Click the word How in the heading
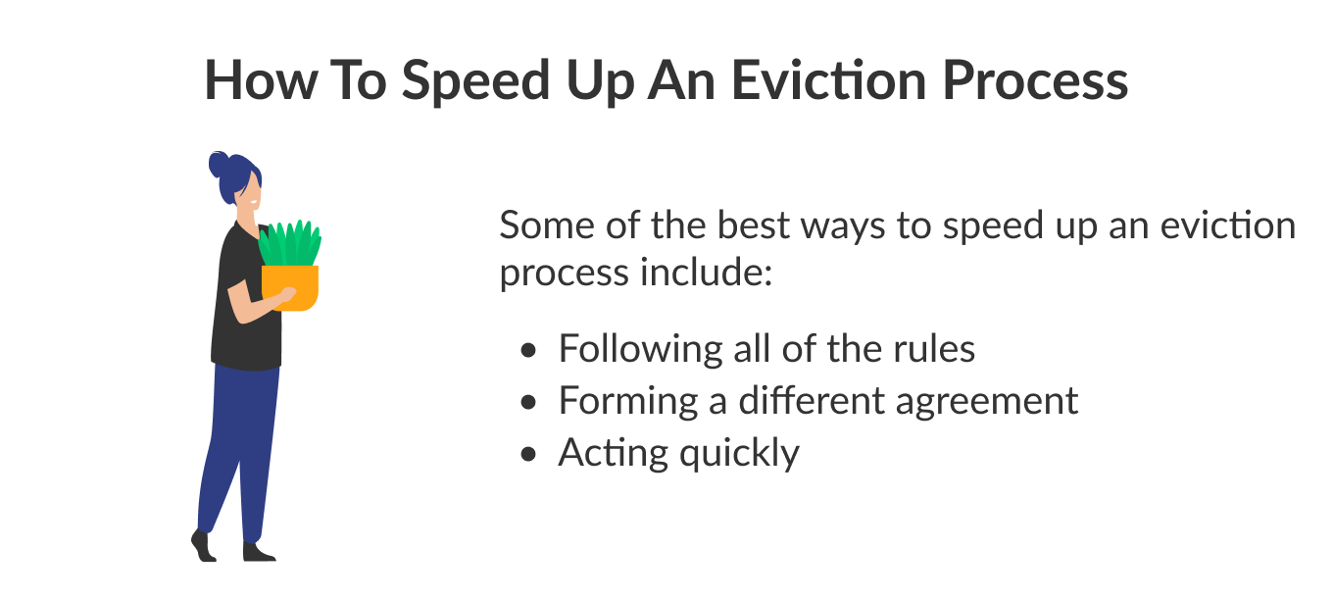(256, 80)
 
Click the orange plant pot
(290, 286)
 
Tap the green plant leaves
(290, 243)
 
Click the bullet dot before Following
(530, 350)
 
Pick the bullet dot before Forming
(530, 402)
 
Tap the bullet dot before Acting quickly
(530, 454)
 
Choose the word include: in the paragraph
(707, 272)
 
